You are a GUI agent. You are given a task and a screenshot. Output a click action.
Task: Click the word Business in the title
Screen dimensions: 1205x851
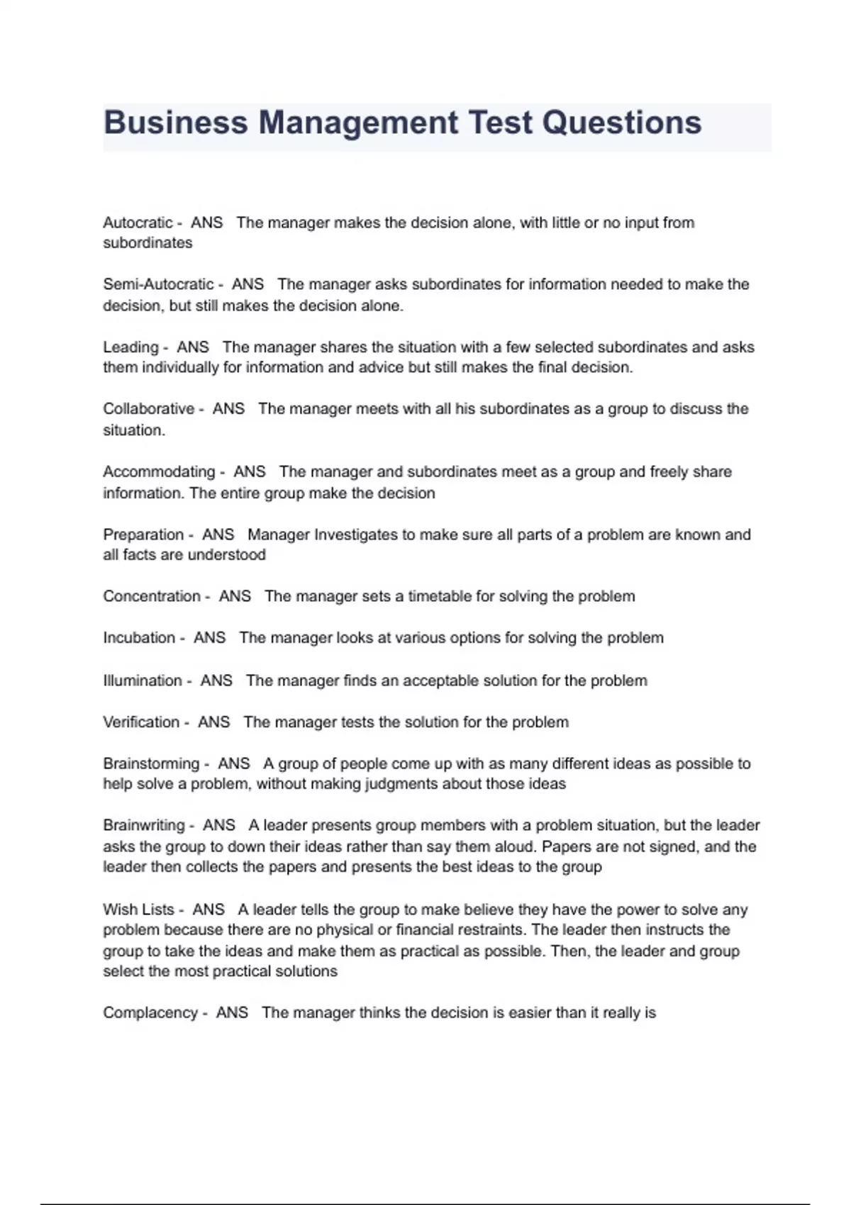point(175,123)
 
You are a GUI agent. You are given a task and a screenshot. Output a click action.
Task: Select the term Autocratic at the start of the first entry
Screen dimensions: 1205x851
point(138,223)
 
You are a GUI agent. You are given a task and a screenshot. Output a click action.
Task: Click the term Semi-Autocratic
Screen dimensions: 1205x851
point(158,284)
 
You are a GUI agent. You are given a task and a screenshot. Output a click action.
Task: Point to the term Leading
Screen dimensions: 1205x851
point(130,347)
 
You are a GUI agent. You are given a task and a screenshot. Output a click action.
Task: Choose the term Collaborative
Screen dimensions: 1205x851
point(148,409)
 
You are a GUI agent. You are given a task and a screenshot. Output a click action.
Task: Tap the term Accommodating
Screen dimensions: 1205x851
point(159,472)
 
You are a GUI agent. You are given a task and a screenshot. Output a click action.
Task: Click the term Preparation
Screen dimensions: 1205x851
point(143,534)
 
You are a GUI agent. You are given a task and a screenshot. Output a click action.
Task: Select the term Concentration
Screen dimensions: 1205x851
point(152,596)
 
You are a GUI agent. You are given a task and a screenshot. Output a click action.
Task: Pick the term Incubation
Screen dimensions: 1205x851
point(139,638)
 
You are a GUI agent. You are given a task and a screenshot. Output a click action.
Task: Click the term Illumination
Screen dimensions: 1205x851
point(143,680)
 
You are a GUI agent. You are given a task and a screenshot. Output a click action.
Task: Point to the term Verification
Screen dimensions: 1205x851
point(141,722)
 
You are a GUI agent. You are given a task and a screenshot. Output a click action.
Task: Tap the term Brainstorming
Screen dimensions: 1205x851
point(151,763)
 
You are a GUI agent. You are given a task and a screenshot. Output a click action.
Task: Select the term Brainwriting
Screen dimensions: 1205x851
point(144,825)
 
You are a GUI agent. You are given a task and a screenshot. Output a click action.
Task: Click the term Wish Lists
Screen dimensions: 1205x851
point(138,909)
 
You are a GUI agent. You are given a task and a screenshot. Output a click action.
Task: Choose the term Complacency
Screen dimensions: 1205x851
point(150,1013)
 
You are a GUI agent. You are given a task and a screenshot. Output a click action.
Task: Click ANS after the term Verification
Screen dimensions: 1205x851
point(213,722)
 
